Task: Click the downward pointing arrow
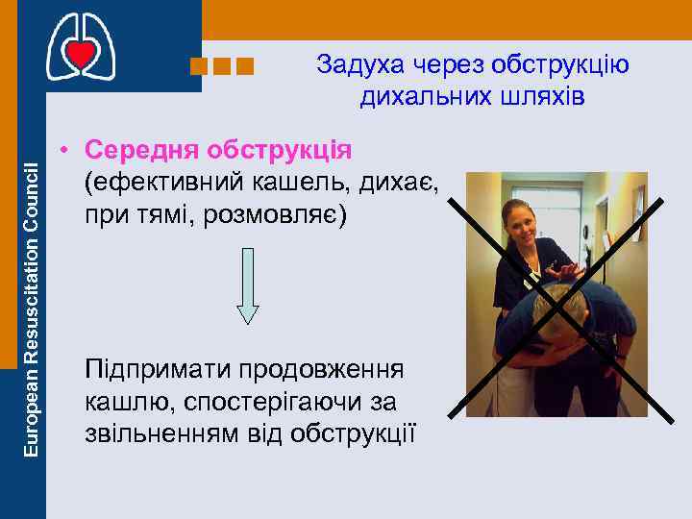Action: coord(248,284)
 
